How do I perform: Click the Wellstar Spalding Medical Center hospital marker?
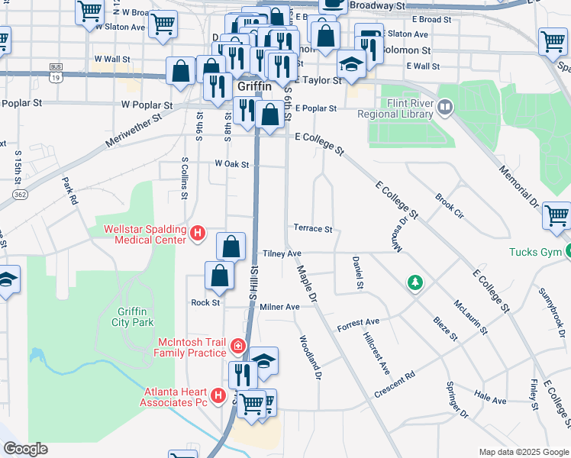pos(197,233)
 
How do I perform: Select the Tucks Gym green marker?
pos(569,251)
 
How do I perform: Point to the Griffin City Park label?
pos(126,316)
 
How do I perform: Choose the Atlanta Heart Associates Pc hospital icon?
pos(218,395)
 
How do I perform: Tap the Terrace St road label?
pos(313,228)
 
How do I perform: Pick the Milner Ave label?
pos(279,307)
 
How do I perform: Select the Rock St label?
pos(205,302)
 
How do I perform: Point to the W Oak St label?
pos(232,164)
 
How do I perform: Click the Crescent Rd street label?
pos(394,385)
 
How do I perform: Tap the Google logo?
pos(26,449)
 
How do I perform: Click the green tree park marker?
pos(415,283)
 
